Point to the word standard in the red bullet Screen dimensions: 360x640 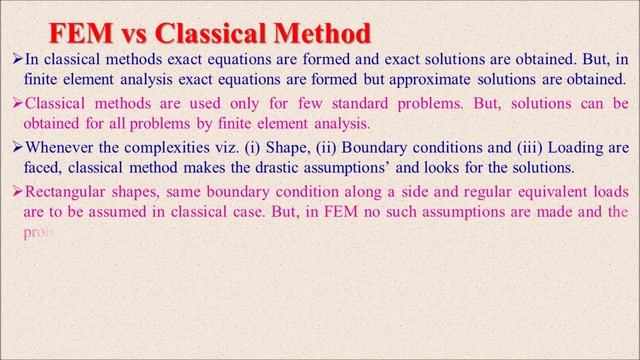327,104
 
